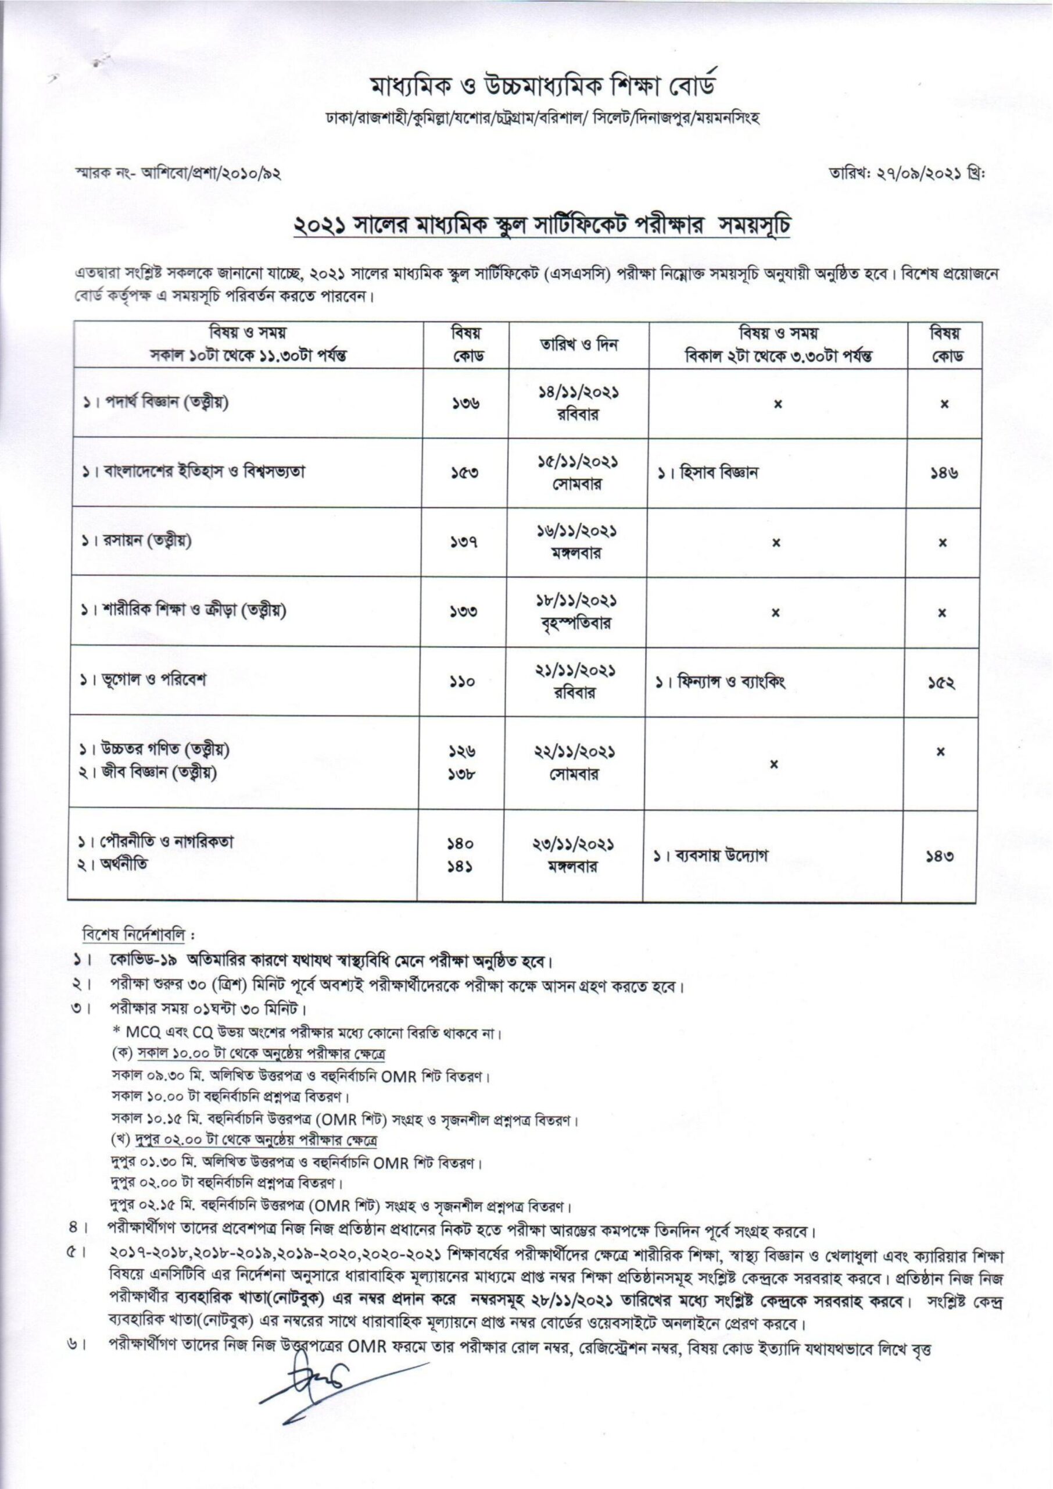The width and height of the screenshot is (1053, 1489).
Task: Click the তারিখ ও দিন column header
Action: coord(579,344)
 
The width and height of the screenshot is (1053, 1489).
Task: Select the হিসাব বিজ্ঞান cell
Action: coord(713,472)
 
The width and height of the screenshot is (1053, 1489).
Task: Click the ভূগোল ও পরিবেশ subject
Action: coord(151,681)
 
